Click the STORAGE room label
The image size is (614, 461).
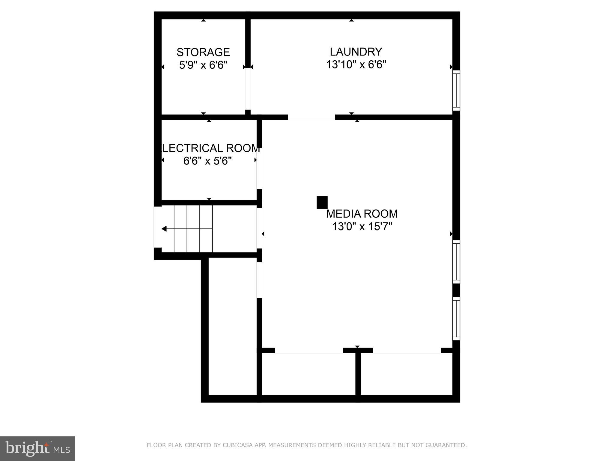(203, 52)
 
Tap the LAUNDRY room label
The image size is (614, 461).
(356, 52)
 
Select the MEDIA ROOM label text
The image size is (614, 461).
(362, 214)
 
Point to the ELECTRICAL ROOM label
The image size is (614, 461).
(210, 148)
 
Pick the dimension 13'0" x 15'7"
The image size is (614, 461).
(362, 227)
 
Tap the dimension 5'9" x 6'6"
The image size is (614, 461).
(203, 65)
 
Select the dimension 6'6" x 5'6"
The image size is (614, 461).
(207, 161)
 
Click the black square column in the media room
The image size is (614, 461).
(322, 203)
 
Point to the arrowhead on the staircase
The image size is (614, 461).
(164, 229)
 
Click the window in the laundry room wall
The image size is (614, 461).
(456, 90)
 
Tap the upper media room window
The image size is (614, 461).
(456, 261)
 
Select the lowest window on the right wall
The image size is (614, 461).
(456, 318)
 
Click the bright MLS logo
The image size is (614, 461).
(37, 448)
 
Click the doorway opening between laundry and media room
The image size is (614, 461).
(311, 117)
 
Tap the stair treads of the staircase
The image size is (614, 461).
(193, 229)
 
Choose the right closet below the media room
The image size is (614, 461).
(406, 374)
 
